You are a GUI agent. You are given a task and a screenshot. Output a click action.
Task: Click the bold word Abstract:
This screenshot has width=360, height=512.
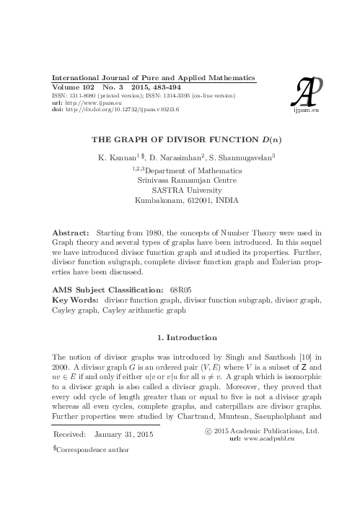[73, 235]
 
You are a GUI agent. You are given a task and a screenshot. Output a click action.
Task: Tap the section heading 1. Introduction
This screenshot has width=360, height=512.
[180, 337]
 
